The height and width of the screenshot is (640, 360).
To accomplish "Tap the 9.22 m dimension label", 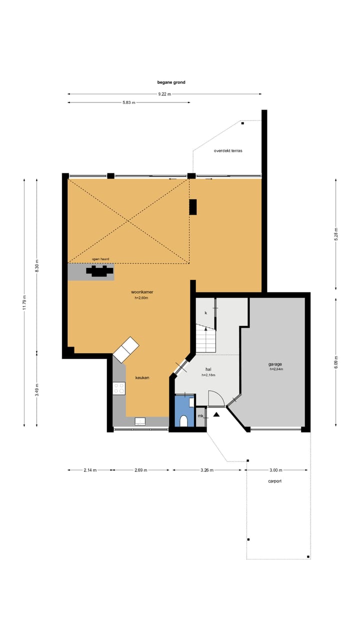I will click(164, 94).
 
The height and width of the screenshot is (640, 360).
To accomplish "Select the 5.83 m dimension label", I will click(128, 102).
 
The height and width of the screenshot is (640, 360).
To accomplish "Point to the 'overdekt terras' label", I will click(228, 150).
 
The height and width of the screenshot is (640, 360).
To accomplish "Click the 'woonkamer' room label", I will click(141, 291).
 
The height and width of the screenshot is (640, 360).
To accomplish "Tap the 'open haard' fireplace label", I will click(100, 259).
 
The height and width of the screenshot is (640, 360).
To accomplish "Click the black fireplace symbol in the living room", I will click(99, 271).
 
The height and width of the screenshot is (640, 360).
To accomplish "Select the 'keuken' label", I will click(142, 377).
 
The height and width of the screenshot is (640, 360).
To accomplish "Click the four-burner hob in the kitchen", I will click(119, 388).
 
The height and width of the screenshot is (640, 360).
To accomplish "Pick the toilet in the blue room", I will click(183, 421).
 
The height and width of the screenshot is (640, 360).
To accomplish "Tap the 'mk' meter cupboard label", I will click(200, 416).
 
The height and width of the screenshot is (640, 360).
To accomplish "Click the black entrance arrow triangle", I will click(216, 414).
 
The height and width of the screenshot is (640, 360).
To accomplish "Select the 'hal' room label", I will click(208, 369).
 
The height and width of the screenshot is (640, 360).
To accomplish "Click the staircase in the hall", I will click(205, 340).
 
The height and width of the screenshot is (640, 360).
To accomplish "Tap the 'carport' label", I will click(274, 481).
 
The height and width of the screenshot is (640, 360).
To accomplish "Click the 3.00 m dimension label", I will click(275, 470).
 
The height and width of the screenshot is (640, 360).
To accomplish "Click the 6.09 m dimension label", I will click(335, 361).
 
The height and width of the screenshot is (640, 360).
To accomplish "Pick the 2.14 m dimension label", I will click(90, 470).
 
